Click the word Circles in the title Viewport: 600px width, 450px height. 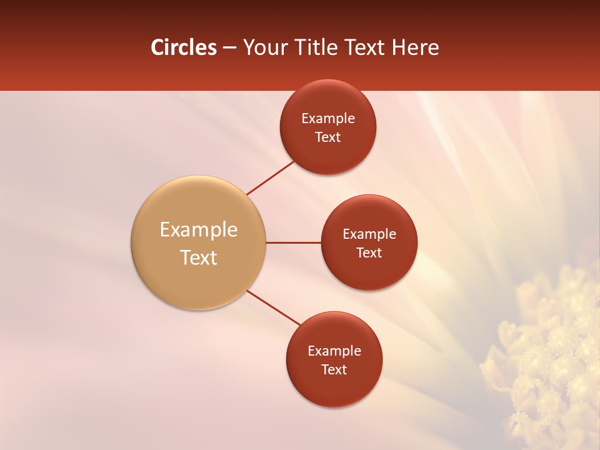pyautogui.click(x=183, y=47)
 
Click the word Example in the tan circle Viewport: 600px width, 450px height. pyautogui.click(x=198, y=230)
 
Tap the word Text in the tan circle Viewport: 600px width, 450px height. pyautogui.click(x=198, y=257)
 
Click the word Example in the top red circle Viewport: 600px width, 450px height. pyautogui.click(x=328, y=119)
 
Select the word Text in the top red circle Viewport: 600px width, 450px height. pyautogui.click(x=328, y=137)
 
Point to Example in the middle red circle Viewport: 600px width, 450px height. pyautogui.click(x=369, y=234)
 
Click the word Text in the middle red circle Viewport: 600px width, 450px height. pyautogui.click(x=369, y=253)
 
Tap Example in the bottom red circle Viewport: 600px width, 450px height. pyautogui.click(x=334, y=351)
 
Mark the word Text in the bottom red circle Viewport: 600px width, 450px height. pyautogui.click(x=334, y=370)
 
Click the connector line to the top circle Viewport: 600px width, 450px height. pyautogui.click(x=271, y=178)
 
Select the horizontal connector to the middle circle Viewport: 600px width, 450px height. pyautogui.click(x=294, y=242)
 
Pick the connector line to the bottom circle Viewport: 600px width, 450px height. pyautogui.click(x=274, y=307)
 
